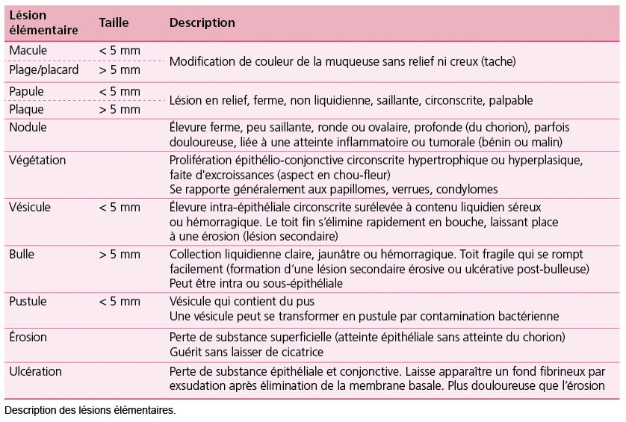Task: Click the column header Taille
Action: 114,23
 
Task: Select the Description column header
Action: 202,23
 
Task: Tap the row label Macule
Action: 28,51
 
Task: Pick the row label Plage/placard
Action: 44,69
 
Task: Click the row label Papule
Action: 26,91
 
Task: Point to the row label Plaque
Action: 27,109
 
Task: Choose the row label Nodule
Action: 28,128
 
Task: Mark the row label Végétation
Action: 37,161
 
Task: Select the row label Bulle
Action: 22,254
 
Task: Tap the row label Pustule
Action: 28,301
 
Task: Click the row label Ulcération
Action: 35,371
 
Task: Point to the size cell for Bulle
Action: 120,254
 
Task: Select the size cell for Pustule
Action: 120,301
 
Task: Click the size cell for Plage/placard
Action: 120,69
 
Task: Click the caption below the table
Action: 90,411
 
